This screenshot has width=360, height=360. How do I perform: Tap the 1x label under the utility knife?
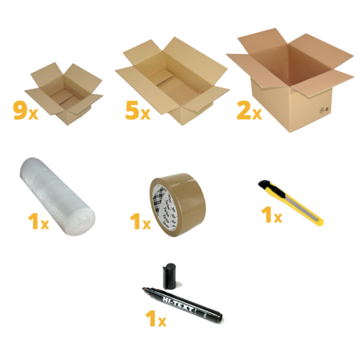tap(271, 215)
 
